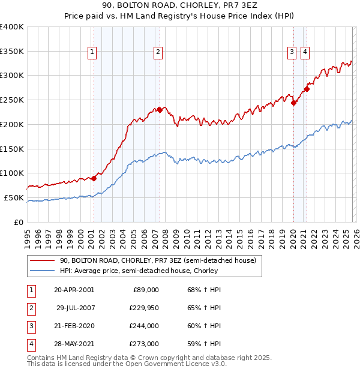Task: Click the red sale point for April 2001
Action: pyautogui.click(x=94, y=178)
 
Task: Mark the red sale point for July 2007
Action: pyautogui.click(x=160, y=109)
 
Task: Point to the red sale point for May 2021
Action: pyautogui.click(x=307, y=89)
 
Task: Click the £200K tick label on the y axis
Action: pyautogui.click(x=11, y=124)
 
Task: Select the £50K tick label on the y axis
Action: pyautogui.click(x=14, y=197)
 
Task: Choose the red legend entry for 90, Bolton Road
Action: pyautogui.click(x=158, y=260)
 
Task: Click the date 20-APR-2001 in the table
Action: pyautogui.click(x=74, y=290)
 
